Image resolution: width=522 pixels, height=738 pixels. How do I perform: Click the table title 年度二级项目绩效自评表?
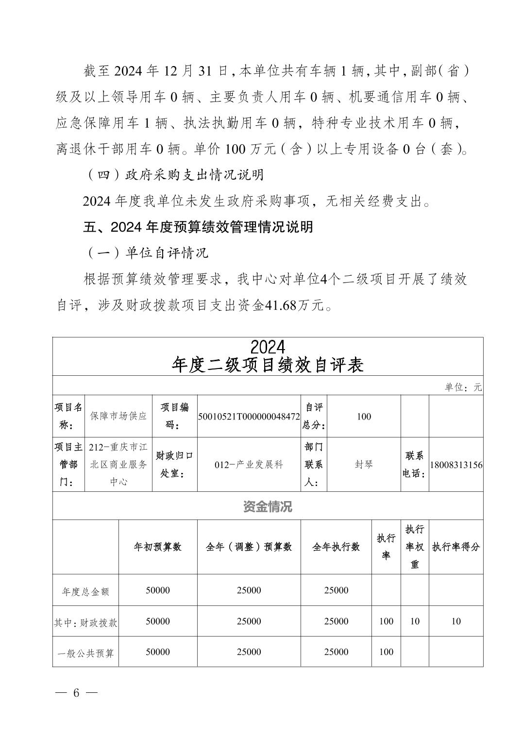click(268, 365)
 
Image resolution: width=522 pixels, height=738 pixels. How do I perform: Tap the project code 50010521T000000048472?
click(249, 416)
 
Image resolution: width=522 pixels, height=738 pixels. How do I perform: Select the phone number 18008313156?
click(456, 465)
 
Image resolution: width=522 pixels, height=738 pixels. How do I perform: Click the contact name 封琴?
click(364, 465)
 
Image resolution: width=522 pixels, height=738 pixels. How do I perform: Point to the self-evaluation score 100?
click(364, 416)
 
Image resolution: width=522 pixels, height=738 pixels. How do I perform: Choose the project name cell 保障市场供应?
click(118, 416)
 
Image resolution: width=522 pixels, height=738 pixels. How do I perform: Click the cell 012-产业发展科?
click(249, 465)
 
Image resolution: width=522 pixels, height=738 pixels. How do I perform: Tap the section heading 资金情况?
click(268, 507)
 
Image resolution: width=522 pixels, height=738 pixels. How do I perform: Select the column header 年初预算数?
click(158, 547)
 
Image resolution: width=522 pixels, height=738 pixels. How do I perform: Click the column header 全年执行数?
click(336, 547)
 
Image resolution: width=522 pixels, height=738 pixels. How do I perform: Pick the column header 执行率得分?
click(456, 547)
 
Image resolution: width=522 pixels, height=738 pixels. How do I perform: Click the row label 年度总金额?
click(86, 591)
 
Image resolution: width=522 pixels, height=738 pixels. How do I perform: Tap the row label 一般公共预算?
click(86, 653)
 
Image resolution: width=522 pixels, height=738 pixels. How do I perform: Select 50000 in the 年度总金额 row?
click(158, 590)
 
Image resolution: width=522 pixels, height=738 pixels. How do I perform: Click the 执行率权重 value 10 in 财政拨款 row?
click(415, 621)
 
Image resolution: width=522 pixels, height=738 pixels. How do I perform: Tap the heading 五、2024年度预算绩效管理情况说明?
click(198, 227)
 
